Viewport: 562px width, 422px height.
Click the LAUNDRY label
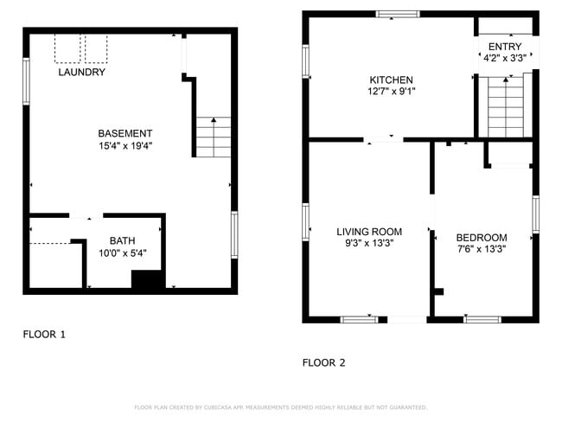click(81, 73)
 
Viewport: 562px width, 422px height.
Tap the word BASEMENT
click(125, 133)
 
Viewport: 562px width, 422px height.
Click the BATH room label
click(122, 240)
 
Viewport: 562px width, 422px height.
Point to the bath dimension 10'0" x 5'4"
click(122, 253)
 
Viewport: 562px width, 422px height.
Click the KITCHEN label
click(391, 80)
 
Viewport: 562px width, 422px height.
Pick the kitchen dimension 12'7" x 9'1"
click(391, 92)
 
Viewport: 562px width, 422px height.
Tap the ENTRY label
click(505, 47)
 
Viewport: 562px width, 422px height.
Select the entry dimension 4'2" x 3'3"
click(505, 58)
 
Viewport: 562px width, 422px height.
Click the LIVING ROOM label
click(369, 232)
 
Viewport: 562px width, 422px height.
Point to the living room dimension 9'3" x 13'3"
click(369, 245)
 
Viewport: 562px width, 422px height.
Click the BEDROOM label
click(481, 237)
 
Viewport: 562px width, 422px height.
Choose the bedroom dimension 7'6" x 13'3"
click(481, 249)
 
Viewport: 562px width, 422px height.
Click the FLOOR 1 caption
click(43, 333)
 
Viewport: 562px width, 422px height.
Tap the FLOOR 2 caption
click(323, 363)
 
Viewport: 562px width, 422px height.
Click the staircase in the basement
click(213, 137)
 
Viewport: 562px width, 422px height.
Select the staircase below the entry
click(506, 106)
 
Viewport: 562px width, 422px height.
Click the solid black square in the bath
click(147, 280)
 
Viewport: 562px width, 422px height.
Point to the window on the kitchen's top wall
click(398, 14)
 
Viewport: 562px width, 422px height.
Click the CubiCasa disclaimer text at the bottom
click(280, 407)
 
